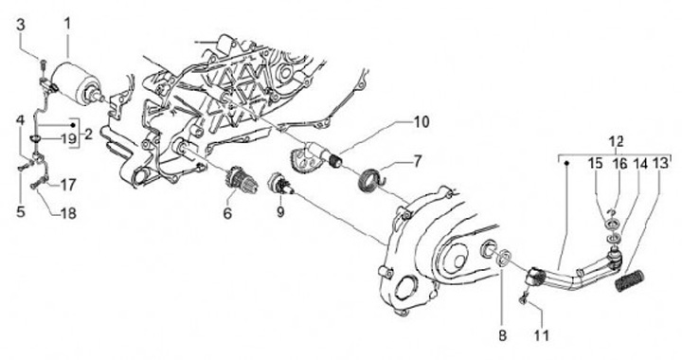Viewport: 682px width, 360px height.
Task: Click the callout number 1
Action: pyautogui.click(x=67, y=24)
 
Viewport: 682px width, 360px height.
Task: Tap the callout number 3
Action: pyautogui.click(x=21, y=25)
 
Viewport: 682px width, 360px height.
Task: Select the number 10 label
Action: pyautogui.click(x=421, y=122)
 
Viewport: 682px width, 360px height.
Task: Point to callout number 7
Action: pyautogui.click(x=417, y=162)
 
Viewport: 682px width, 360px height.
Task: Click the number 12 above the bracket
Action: pyautogui.click(x=617, y=142)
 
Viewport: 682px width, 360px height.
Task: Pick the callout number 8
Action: pyautogui.click(x=502, y=335)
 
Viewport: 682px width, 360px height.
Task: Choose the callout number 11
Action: pyautogui.click(x=541, y=335)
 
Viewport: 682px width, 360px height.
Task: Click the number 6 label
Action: pyautogui.click(x=227, y=213)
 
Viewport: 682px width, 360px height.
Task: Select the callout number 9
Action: pyautogui.click(x=280, y=212)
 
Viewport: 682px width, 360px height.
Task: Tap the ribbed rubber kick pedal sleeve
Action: pyautogui.click(x=629, y=280)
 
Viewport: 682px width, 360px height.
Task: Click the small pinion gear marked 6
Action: pyautogui.click(x=240, y=180)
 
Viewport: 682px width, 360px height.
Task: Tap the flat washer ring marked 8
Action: pyautogui.click(x=504, y=258)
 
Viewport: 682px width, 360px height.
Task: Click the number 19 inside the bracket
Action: pyautogui.click(x=68, y=139)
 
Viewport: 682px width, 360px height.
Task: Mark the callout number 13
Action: pyautogui.click(x=661, y=164)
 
